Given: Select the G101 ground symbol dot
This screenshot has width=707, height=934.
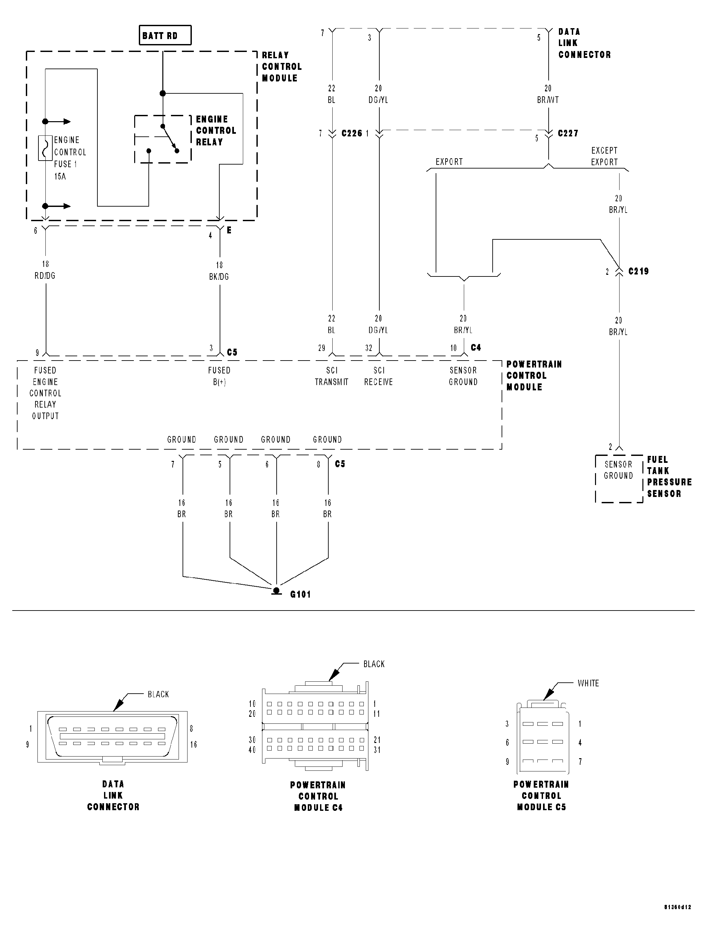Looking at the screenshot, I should tap(276, 590).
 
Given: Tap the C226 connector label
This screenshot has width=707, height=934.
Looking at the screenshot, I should tap(352, 133).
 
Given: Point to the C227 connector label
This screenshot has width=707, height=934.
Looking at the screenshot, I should tap(568, 133).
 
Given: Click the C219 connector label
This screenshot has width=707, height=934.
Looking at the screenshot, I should tap(638, 271).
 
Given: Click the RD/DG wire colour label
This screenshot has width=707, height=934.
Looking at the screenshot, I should tap(45, 276).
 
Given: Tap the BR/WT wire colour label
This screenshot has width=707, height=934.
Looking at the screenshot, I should tap(548, 100).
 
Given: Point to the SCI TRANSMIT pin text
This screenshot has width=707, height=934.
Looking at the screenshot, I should tap(332, 376).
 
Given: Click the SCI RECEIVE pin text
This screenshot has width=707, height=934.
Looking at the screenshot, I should tap(379, 376).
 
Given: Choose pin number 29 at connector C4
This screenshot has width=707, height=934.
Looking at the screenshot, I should tap(322, 348).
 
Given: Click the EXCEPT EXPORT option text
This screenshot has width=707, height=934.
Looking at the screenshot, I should tap(604, 156).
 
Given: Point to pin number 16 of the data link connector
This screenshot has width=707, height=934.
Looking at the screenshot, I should tap(193, 744).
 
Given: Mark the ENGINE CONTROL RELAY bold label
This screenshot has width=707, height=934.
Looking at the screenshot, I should tap(216, 130).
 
